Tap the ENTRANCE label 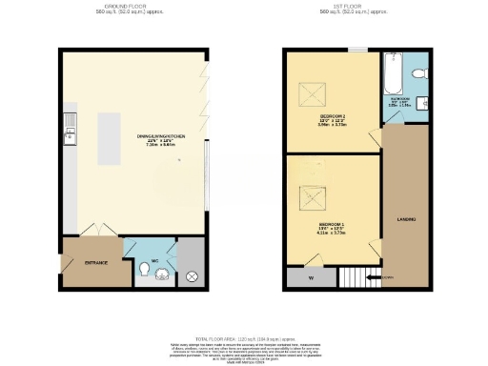click(95, 262)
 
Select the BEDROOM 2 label click(332, 118)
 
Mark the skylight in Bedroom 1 click(312, 199)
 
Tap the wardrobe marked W click(311, 277)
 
